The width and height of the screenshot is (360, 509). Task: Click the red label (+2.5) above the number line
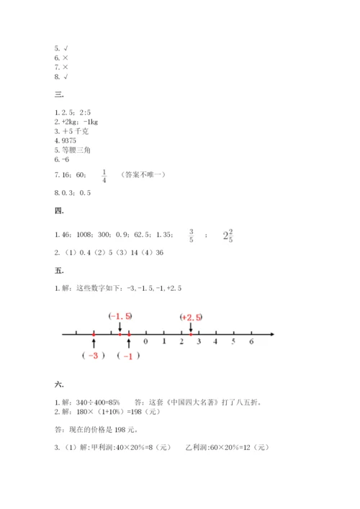pyautogui.click(x=192, y=316)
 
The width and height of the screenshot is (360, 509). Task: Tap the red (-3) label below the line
pyautogui.click(x=94, y=356)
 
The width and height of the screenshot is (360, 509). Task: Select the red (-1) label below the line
pyautogui.click(x=128, y=356)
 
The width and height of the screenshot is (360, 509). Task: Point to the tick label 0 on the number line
pyautogui.click(x=146, y=342)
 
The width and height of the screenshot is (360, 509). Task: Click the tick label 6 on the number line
pyautogui.click(x=251, y=342)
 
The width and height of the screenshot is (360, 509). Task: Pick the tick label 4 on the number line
pyautogui.click(x=216, y=342)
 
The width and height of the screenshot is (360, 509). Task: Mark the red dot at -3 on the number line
pyautogui.click(x=94, y=334)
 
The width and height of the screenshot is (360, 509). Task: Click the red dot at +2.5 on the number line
pyautogui.click(x=191, y=334)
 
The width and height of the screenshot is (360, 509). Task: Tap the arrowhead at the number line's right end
pyautogui.click(x=274, y=334)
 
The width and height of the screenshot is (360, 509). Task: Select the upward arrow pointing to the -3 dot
pyautogui.click(x=94, y=343)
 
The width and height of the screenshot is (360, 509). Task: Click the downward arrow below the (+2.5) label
pyautogui.click(x=191, y=326)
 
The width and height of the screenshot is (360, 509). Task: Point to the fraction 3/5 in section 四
pyautogui.click(x=192, y=235)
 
